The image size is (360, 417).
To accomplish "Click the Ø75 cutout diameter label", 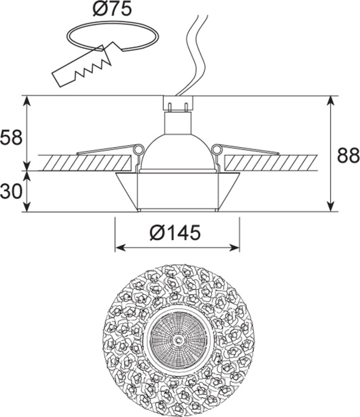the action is coord(112,9).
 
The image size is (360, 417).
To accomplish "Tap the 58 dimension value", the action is coord(11,138).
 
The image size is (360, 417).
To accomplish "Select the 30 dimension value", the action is coord(11,191).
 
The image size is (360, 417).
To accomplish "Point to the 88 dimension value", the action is coord(348,155).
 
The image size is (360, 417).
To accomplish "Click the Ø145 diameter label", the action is coord(175,233).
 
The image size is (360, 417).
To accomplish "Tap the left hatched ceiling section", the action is coord(85,163).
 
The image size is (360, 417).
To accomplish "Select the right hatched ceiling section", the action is coord(271,163).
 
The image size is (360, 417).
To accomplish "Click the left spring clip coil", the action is coord(138,150).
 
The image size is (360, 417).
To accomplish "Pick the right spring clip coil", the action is coord(217,150).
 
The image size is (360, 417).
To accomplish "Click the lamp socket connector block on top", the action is coord(178,102).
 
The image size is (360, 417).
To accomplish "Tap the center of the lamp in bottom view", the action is coord(179,340).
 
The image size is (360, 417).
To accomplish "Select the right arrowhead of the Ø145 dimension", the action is coord(234,248).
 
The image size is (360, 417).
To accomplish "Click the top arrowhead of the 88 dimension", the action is coord(330,101).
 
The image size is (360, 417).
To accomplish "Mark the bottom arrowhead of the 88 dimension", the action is coord(330,207).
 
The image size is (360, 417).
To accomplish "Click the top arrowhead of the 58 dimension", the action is coord(27,101).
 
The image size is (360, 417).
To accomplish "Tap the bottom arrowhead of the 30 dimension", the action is coord(27,207).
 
